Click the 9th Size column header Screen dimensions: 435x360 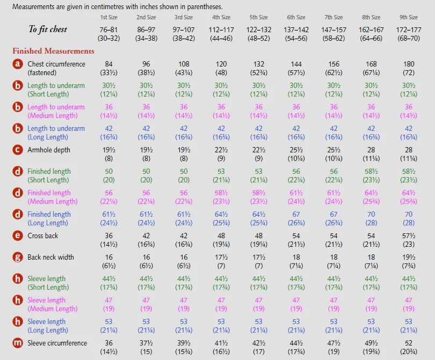point(409,17)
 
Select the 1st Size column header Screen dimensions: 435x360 point(108,17)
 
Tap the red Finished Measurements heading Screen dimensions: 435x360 point(53,51)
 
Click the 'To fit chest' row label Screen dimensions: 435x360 point(48,30)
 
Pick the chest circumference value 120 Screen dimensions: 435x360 point(221,64)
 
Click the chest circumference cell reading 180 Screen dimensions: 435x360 point(409,64)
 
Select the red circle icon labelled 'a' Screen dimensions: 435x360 point(18,64)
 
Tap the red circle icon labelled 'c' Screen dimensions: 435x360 point(18,150)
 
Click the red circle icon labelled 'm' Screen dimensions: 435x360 point(18,343)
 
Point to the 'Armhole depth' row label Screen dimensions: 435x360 point(49,150)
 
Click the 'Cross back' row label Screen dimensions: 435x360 point(43,236)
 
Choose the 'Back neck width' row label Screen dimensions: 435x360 point(51,257)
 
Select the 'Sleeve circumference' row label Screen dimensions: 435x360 point(57,343)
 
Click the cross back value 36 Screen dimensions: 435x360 point(108,236)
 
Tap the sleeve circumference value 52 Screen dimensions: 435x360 point(409,343)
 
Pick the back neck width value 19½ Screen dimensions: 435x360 point(409,257)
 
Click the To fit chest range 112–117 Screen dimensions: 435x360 point(221,30)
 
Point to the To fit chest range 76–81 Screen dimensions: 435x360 point(108,30)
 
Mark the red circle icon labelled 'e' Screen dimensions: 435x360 point(18,236)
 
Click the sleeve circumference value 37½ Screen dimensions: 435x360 point(146,343)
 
